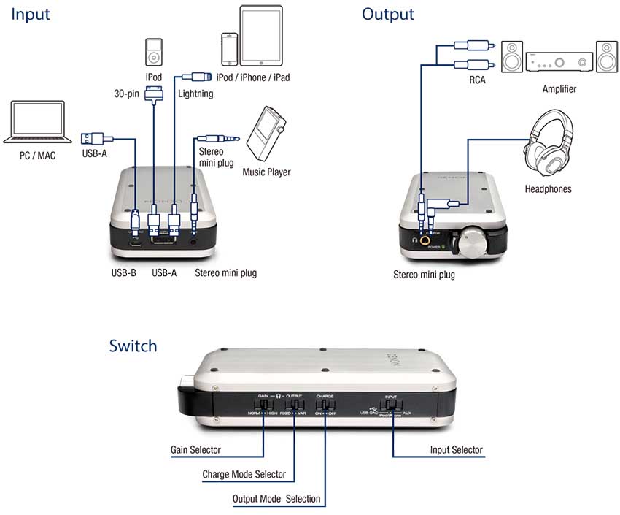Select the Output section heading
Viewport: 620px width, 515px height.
click(388, 14)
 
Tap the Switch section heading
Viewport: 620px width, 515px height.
click(133, 345)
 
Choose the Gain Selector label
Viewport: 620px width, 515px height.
click(195, 451)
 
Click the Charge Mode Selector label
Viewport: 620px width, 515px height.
click(244, 475)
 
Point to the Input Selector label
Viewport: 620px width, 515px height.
click(457, 451)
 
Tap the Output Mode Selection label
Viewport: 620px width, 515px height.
click(276, 499)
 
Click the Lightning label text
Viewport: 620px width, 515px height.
click(195, 94)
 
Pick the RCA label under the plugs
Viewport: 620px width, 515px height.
click(478, 80)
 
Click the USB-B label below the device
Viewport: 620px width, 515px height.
click(124, 274)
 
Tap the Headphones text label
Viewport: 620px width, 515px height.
click(549, 189)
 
